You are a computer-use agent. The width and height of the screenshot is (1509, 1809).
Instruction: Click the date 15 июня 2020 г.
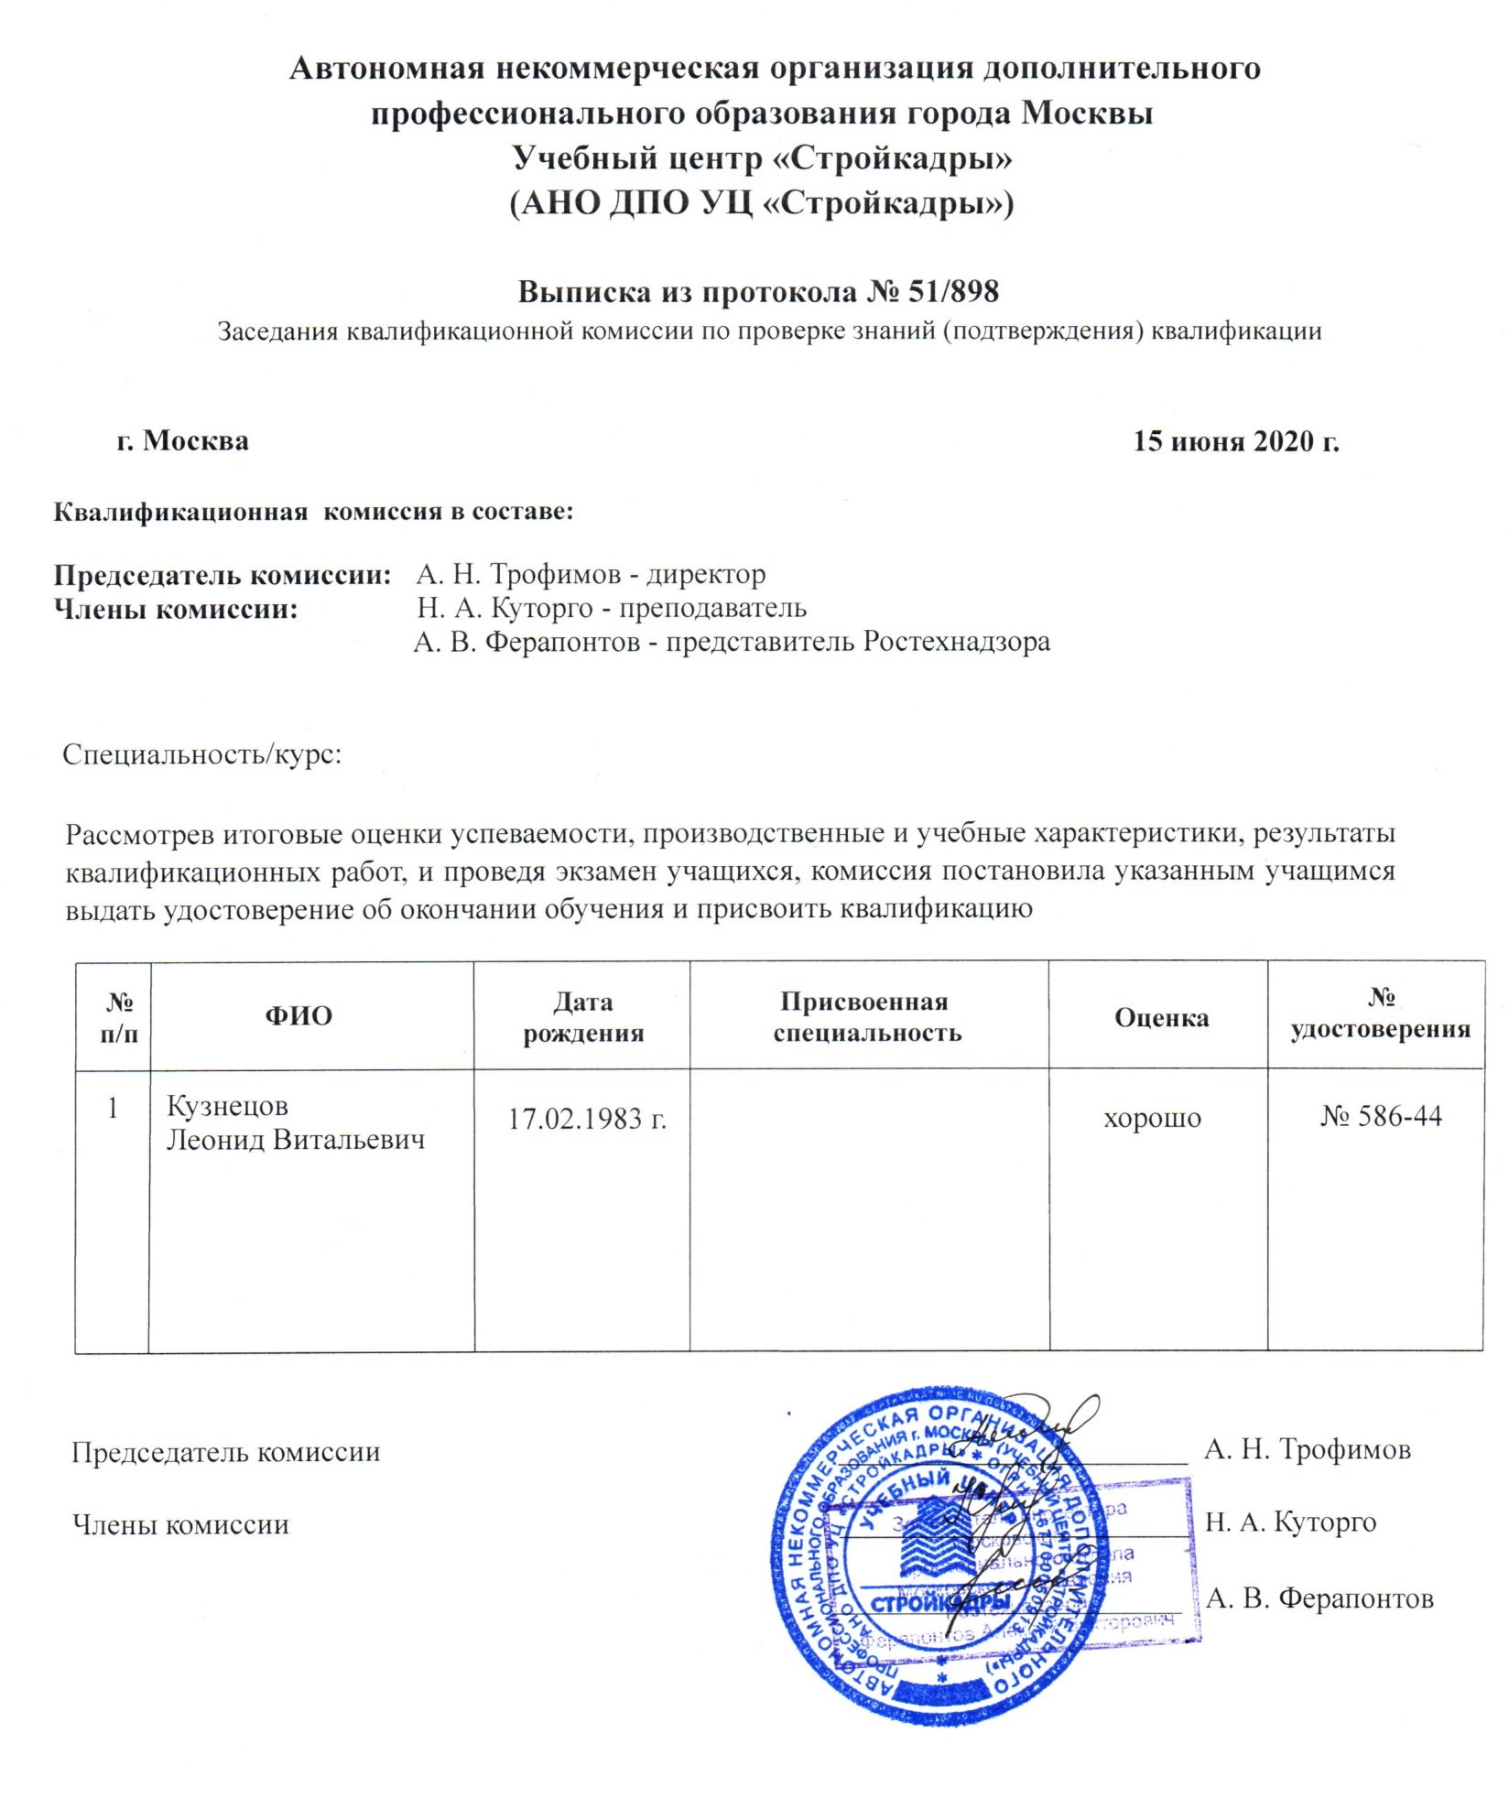coord(1236,441)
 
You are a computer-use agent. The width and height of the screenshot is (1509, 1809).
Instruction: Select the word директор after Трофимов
coord(707,575)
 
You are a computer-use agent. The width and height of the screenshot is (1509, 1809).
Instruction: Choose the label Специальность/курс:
coord(202,755)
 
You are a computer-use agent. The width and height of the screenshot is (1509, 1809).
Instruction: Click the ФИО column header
coord(299,1016)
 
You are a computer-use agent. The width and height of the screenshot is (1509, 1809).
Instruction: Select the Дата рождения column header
coord(582,1017)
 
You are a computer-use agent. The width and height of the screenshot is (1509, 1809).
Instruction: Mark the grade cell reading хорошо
coord(1152,1118)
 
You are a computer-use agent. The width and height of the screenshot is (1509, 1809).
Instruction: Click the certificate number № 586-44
coord(1381,1116)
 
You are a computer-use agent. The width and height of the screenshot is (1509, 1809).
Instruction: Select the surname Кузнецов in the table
coord(227,1107)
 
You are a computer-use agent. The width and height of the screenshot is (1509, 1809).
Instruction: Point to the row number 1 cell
coord(112,1109)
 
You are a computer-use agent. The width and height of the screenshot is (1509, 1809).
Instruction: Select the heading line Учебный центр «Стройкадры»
coord(762,157)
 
